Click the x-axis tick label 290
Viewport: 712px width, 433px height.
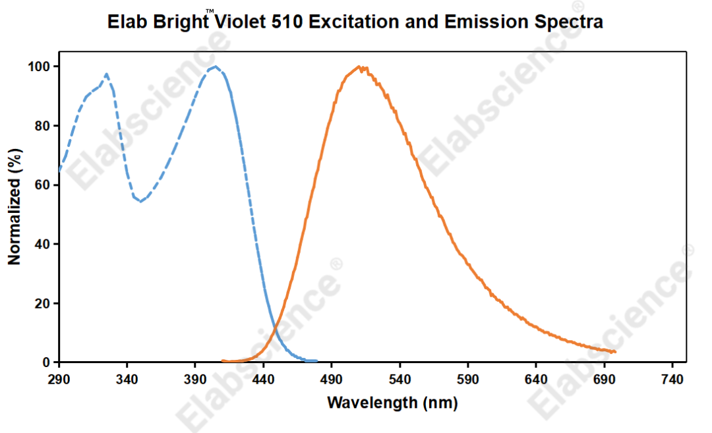pos(59,380)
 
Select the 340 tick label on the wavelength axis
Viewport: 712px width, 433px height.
pos(127,380)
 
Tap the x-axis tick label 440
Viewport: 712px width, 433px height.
pos(264,380)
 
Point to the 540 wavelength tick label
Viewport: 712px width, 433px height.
pos(400,380)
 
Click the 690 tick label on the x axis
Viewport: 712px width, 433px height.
pos(605,380)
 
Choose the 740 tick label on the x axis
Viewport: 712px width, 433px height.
pos(672,380)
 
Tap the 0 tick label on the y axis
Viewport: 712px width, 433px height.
pos(47,362)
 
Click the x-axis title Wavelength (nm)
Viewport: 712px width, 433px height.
pos(392,402)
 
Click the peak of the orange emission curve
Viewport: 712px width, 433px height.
pos(359,67)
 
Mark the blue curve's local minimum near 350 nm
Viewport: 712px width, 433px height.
pos(140,201)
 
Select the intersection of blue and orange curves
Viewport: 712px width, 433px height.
pos(278,322)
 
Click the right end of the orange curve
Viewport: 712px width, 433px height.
pos(614,352)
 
